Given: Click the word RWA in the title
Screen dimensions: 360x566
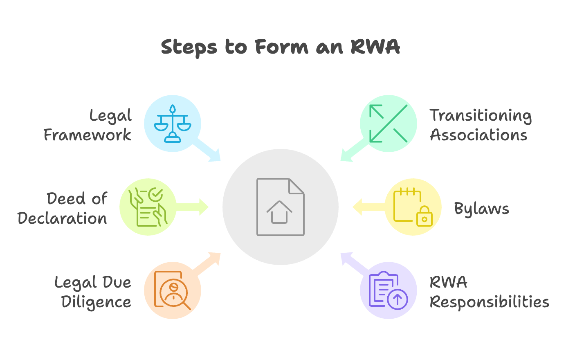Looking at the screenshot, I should click(375, 47).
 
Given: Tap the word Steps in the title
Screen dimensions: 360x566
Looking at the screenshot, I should click(189, 47).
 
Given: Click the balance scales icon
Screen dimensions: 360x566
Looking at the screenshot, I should click(173, 124).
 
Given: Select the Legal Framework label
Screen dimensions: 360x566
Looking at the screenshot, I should click(88, 125).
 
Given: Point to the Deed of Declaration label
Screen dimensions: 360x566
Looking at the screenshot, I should click(63, 209).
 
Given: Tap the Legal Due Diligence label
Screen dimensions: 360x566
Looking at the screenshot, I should click(93, 292).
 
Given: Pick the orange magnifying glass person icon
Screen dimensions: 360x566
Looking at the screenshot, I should click(173, 290).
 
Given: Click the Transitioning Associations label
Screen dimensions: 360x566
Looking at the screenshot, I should click(481, 125).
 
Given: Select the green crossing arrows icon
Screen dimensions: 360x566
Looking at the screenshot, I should click(388, 124).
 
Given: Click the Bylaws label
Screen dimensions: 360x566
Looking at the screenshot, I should click(482, 209).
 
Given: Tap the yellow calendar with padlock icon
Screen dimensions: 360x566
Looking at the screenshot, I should click(413, 207).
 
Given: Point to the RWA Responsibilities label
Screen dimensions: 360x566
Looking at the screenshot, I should click(489, 292).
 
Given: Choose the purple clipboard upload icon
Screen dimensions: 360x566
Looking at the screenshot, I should click(388, 290).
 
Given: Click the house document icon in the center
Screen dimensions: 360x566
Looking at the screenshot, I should click(280, 207).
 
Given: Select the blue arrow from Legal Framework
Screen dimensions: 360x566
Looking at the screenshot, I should click(209, 151).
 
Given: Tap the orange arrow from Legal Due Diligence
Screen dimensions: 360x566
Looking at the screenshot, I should click(209, 263).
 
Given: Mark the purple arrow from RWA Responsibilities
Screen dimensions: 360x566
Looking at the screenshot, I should click(353, 263).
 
